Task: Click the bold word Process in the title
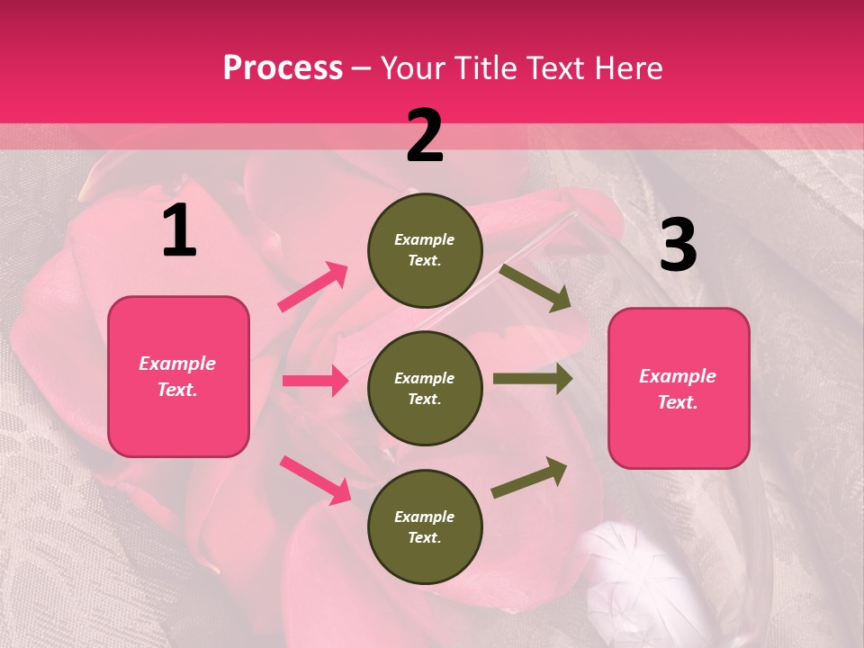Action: point(283,68)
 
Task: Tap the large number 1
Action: point(179,231)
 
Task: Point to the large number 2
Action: point(425,137)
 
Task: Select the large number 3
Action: point(678,246)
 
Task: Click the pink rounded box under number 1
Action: point(178,376)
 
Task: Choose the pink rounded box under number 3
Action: point(679,388)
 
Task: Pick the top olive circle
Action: point(425,250)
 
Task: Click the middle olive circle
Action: point(425,388)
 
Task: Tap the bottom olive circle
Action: point(425,526)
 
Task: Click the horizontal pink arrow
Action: point(315,381)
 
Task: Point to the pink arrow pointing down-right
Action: point(315,479)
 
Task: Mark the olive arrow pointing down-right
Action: point(535,287)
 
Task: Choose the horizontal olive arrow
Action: point(532,379)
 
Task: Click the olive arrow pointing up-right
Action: point(530,477)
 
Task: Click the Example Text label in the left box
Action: point(178,376)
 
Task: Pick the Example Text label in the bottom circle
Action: point(425,526)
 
